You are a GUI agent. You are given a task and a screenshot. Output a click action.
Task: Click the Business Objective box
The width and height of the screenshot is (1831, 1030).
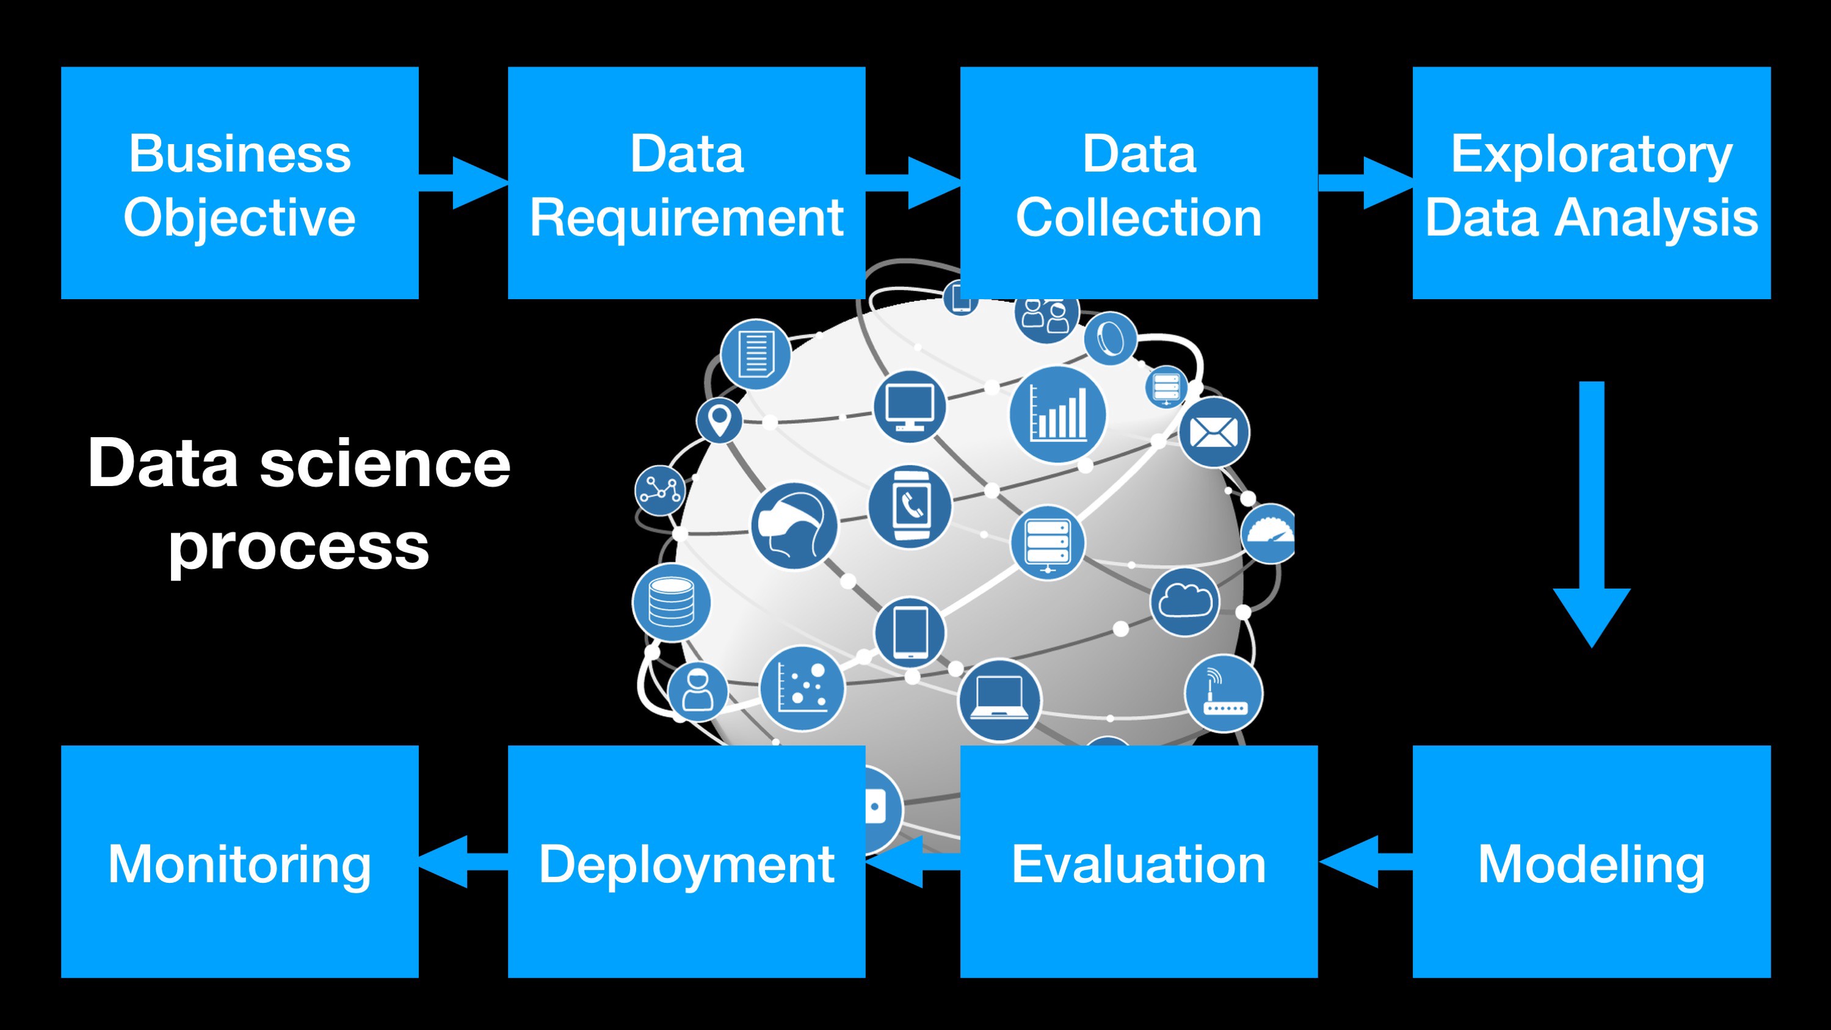tap(239, 183)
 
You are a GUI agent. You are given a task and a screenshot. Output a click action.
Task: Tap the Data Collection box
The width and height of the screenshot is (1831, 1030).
tap(1139, 183)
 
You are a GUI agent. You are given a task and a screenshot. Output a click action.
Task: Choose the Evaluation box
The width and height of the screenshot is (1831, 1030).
tap(1139, 861)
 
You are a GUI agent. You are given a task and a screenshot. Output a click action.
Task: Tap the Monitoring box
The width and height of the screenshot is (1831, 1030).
tap(239, 861)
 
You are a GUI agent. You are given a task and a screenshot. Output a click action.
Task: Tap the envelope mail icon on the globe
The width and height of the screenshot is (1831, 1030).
tap(1213, 432)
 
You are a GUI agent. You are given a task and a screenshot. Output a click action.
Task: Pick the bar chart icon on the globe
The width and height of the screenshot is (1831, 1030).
tap(1057, 415)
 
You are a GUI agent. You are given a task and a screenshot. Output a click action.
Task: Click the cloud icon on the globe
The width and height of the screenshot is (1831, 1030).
tap(1184, 601)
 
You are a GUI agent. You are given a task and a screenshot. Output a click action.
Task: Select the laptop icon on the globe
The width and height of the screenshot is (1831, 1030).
tap(999, 700)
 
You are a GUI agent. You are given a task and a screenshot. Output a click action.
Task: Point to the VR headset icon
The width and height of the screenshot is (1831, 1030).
tap(794, 526)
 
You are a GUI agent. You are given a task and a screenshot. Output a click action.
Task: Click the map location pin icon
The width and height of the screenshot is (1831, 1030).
tap(719, 420)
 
